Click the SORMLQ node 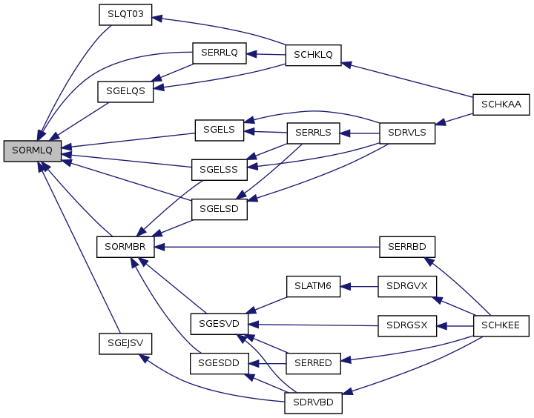(x=33, y=150)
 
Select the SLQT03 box (x=125, y=15)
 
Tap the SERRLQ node (x=219, y=53)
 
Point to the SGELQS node (x=125, y=92)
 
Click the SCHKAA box (x=501, y=104)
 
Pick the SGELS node (x=219, y=130)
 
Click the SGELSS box (x=219, y=169)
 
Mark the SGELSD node (x=219, y=208)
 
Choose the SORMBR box (x=125, y=246)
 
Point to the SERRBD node (x=406, y=246)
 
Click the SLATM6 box (x=313, y=286)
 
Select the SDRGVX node (x=406, y=286)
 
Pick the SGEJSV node (x=125, y=343)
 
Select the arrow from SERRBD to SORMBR (x=267, y=246)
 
